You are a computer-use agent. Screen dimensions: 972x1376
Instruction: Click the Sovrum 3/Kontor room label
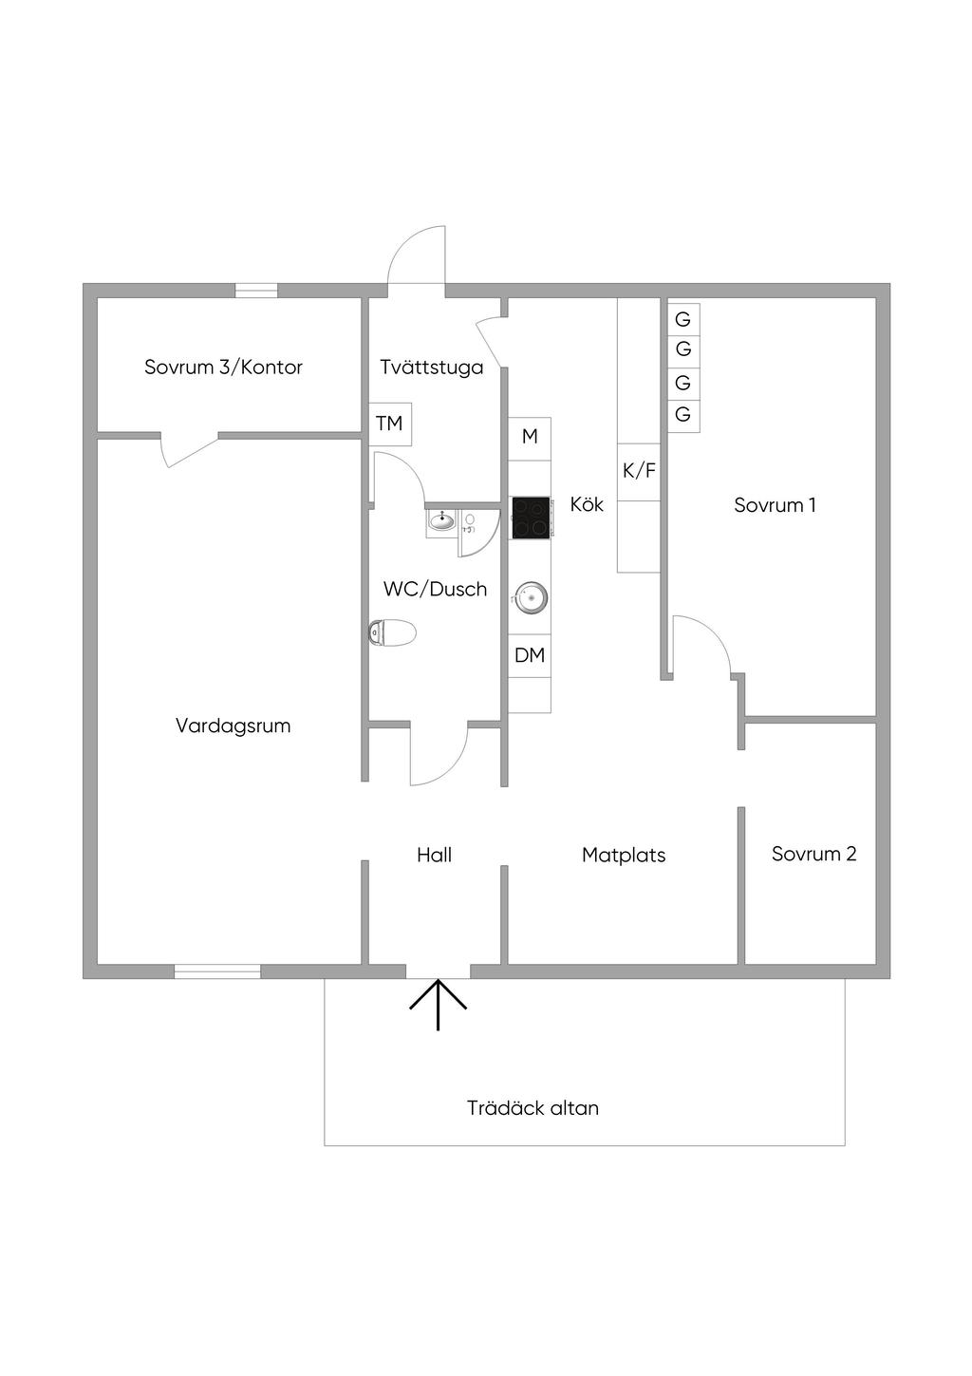pyautogui.click(x=223, y=368)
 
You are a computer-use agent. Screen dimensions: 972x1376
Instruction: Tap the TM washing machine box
pyautogui.click(x=389, y=424)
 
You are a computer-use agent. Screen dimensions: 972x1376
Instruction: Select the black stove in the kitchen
pyautogui.click(x=531, y=518)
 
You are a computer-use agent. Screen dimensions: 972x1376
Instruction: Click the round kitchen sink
pyautogui.click(x=531, y=597)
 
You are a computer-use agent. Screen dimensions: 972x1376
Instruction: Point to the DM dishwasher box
pyautogui.click(x=530, y=655)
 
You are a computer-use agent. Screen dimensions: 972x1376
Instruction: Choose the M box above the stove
pyautogui.click(x=530, y=437)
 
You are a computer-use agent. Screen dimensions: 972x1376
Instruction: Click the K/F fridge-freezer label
pyautogui.click(x=639, y=470)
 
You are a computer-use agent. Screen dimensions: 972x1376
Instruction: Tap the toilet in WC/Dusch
pyautogui.click(x=392, y=632)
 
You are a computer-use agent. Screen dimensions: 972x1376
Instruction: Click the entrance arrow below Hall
pyautogui.click(x=438, y=1005)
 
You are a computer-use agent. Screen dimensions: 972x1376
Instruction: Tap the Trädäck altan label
pyautogui.click(x=533, y=1108)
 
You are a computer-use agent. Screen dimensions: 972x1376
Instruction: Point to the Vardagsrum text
pyautogui.click(x=233, y=726)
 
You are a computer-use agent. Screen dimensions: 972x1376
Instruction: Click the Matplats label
pyautogui.click(x=624, y=856)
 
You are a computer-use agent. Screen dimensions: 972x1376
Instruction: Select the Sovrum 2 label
pyautogui.click(x=813, y=854)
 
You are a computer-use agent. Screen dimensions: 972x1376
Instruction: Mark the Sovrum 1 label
pyautogui.click(x=775, y=505)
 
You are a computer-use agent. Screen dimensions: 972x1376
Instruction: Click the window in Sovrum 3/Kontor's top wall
pyautogui.click(x=256, y=291)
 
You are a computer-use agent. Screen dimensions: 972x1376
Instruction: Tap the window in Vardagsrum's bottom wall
pyautogui.click(x=217, y=971)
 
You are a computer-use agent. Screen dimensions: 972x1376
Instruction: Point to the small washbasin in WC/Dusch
pyautogui.click(x=441, y=520)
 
